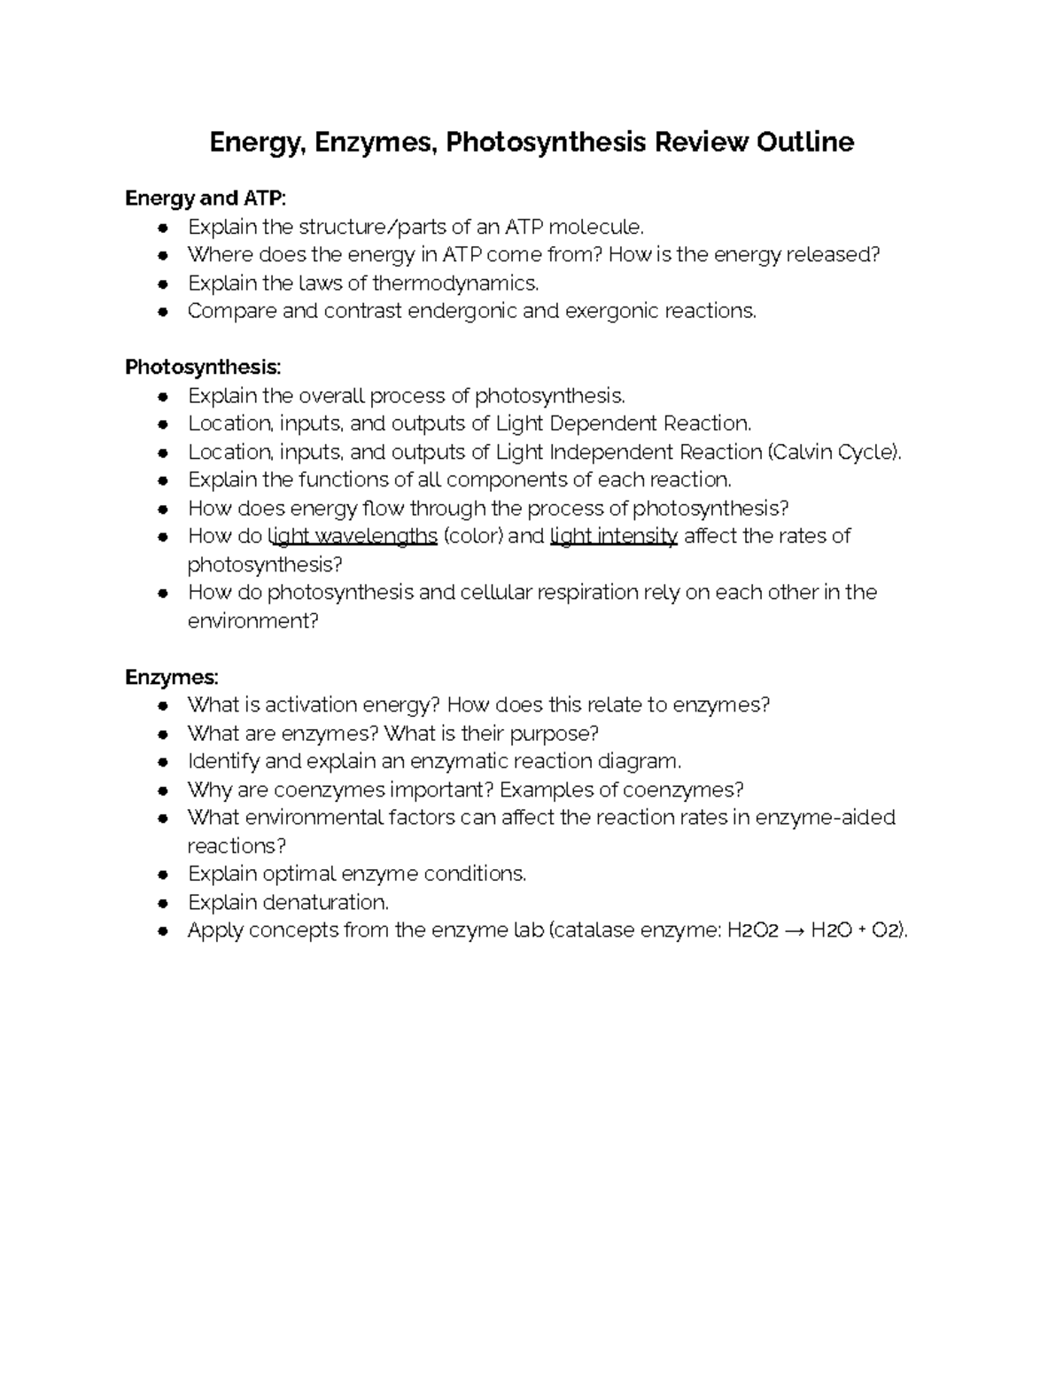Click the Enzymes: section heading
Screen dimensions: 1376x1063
tap(171, 677)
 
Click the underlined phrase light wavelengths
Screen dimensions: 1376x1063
tap(353, 536)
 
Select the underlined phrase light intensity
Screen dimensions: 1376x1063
tap(614, 536)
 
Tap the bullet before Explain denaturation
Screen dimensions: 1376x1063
tap(162, 903)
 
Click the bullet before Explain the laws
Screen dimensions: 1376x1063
tap(162, 284)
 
